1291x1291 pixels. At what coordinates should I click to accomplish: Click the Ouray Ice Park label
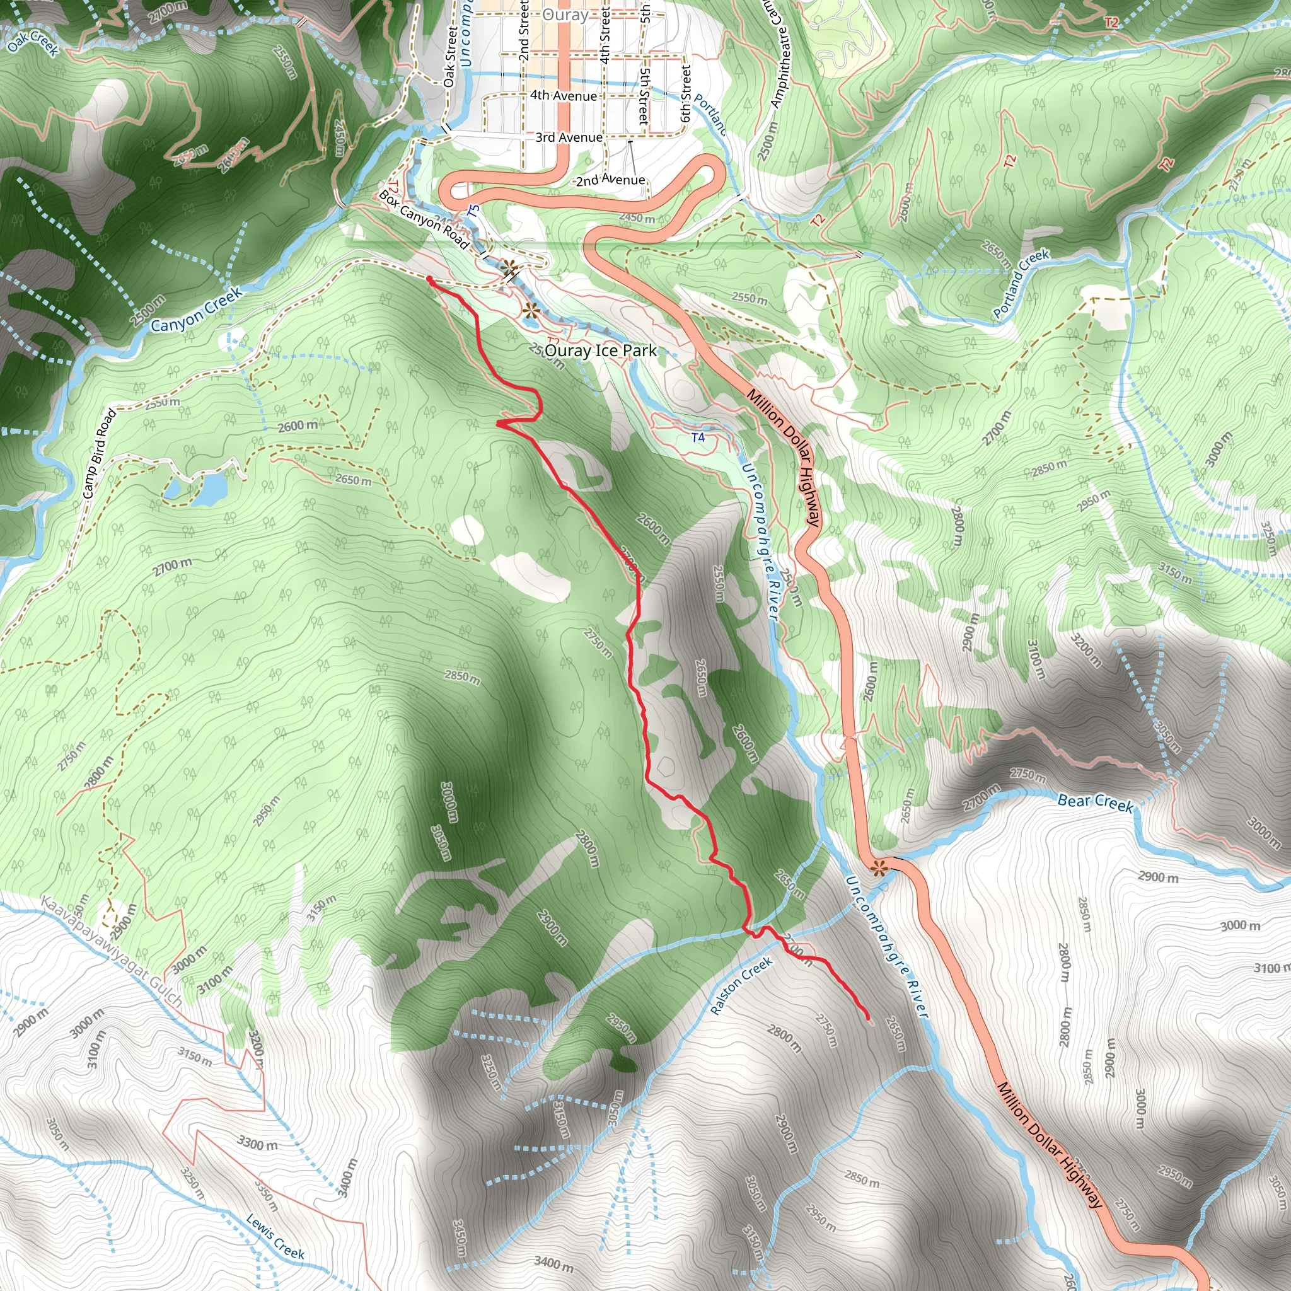[x=600, y=350]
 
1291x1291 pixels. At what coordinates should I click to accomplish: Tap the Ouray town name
[x=565, y=14]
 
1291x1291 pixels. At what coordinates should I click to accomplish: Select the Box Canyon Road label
[x=424, y=219]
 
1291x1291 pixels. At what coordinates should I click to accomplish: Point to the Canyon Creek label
[x=196, y=310]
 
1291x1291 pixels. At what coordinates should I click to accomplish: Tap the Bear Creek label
[x=1095, y=802]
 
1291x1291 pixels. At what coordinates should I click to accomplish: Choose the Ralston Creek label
[x=741, y=986]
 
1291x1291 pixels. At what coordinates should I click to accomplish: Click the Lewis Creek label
[x=275, y=1237]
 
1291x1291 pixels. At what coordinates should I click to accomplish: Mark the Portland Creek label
[x=1021, y=283]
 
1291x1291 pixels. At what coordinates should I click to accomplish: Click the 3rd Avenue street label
[x=569, y=137]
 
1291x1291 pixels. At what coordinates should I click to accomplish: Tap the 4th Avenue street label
[x=564, y=96]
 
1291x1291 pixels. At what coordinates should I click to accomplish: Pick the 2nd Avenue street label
[x=610, y=180]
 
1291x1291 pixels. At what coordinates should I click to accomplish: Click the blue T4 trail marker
[x=698, y=437]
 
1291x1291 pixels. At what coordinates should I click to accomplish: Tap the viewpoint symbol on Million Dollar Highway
[x=879, y=868]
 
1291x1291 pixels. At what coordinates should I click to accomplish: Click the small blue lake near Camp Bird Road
[x=207, y=490]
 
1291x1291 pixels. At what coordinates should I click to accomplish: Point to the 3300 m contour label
[x=257, y=1143]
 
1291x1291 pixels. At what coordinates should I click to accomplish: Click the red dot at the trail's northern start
[x=428, y=279]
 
